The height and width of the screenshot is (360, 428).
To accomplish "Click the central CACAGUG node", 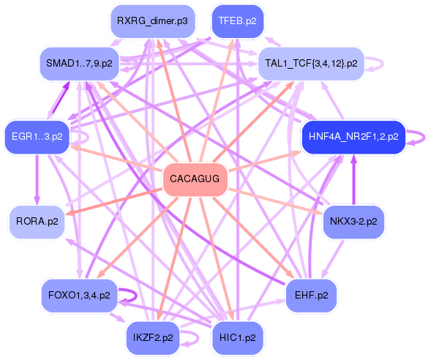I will (195, 179).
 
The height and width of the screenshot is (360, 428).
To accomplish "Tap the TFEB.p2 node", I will (237, 21).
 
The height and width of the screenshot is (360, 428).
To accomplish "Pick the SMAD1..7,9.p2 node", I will (79, 64).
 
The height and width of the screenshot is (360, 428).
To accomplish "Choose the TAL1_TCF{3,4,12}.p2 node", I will (312, 64).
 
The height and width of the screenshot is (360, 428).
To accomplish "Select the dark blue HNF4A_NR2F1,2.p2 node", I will (353, 136).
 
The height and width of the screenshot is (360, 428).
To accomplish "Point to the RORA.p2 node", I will (37, 220).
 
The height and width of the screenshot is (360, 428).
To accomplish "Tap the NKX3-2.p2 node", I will (353, 220).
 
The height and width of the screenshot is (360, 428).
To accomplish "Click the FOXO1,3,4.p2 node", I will (79, 296).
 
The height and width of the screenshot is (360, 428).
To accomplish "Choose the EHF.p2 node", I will (312, 296).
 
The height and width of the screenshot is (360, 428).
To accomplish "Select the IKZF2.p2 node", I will (153, 337).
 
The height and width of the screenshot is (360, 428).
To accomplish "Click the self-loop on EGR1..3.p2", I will (82, 136).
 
